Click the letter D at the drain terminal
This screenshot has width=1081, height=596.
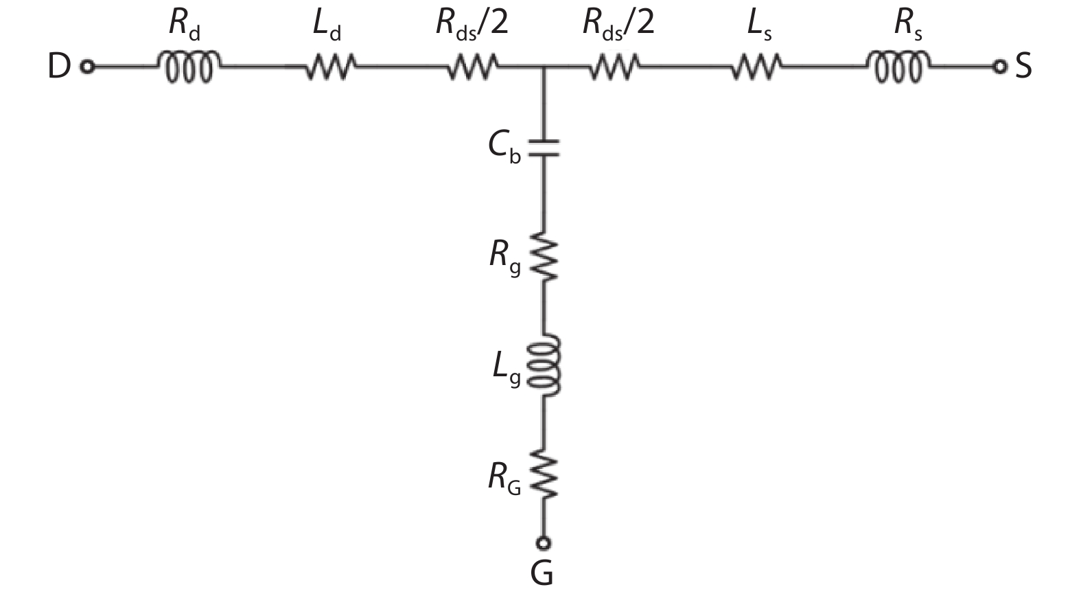(59, 67)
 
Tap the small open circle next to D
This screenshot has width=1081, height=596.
(87, 67)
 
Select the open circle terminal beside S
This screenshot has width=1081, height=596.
(1000, 67)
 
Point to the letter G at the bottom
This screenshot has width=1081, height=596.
(542, 574)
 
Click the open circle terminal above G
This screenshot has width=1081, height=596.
(544, 543)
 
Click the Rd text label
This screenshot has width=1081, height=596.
(185, 24)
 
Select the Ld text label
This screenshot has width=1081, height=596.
(327, 24)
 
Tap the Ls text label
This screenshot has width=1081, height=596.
(758, 24)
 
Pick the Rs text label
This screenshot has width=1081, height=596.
(908, 24)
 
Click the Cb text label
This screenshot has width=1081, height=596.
(504, 147)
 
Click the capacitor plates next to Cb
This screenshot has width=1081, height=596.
(544, 148)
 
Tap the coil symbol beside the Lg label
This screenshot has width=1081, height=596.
(544, 365)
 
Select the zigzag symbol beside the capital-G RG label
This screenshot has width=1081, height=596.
(544, 474)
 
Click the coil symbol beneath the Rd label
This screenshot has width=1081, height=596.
(189, 67)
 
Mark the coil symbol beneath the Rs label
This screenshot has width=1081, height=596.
(898, 67)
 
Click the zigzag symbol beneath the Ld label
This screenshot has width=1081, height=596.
(331, 67)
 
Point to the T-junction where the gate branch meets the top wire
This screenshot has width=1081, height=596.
(544, 67)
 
